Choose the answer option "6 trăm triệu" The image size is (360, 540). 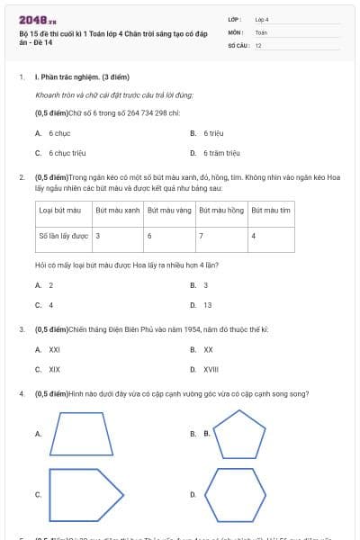pyautogui.click(x=220, y=153)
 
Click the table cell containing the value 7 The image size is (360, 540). pyautogui.click(x=202, y=236)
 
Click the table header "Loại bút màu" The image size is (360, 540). pyautogui.click(x=60, y=210)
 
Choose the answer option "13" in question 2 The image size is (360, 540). pyautogui.click(x=207, y=305)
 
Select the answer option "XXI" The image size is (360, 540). pyautogui.click(x=54, y=349)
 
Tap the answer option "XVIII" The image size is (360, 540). pyautogui.click(x=211, y=369)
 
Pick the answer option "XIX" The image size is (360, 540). pyautogui.click(x=54, y=369)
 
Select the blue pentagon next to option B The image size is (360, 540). pyautogui.click(x=239, y=433)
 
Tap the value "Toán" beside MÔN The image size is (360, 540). pyautogui.click(x=261, y=31)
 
